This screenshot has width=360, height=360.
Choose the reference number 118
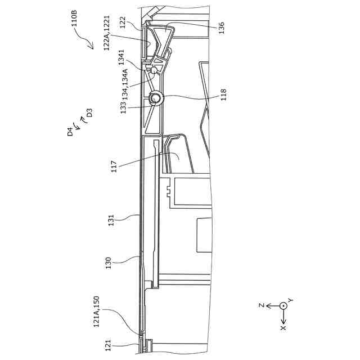pyautogui.click(x=223, y=93)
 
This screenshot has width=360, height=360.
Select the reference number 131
pyautogui.click(x=111, y=219)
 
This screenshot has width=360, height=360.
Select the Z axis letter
pyautogui.click(x=262, y=305)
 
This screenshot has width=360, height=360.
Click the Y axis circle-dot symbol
pyautogui.click(x=283, y=305)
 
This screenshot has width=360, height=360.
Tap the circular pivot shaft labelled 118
pyautogui.click(x=156, y=99)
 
